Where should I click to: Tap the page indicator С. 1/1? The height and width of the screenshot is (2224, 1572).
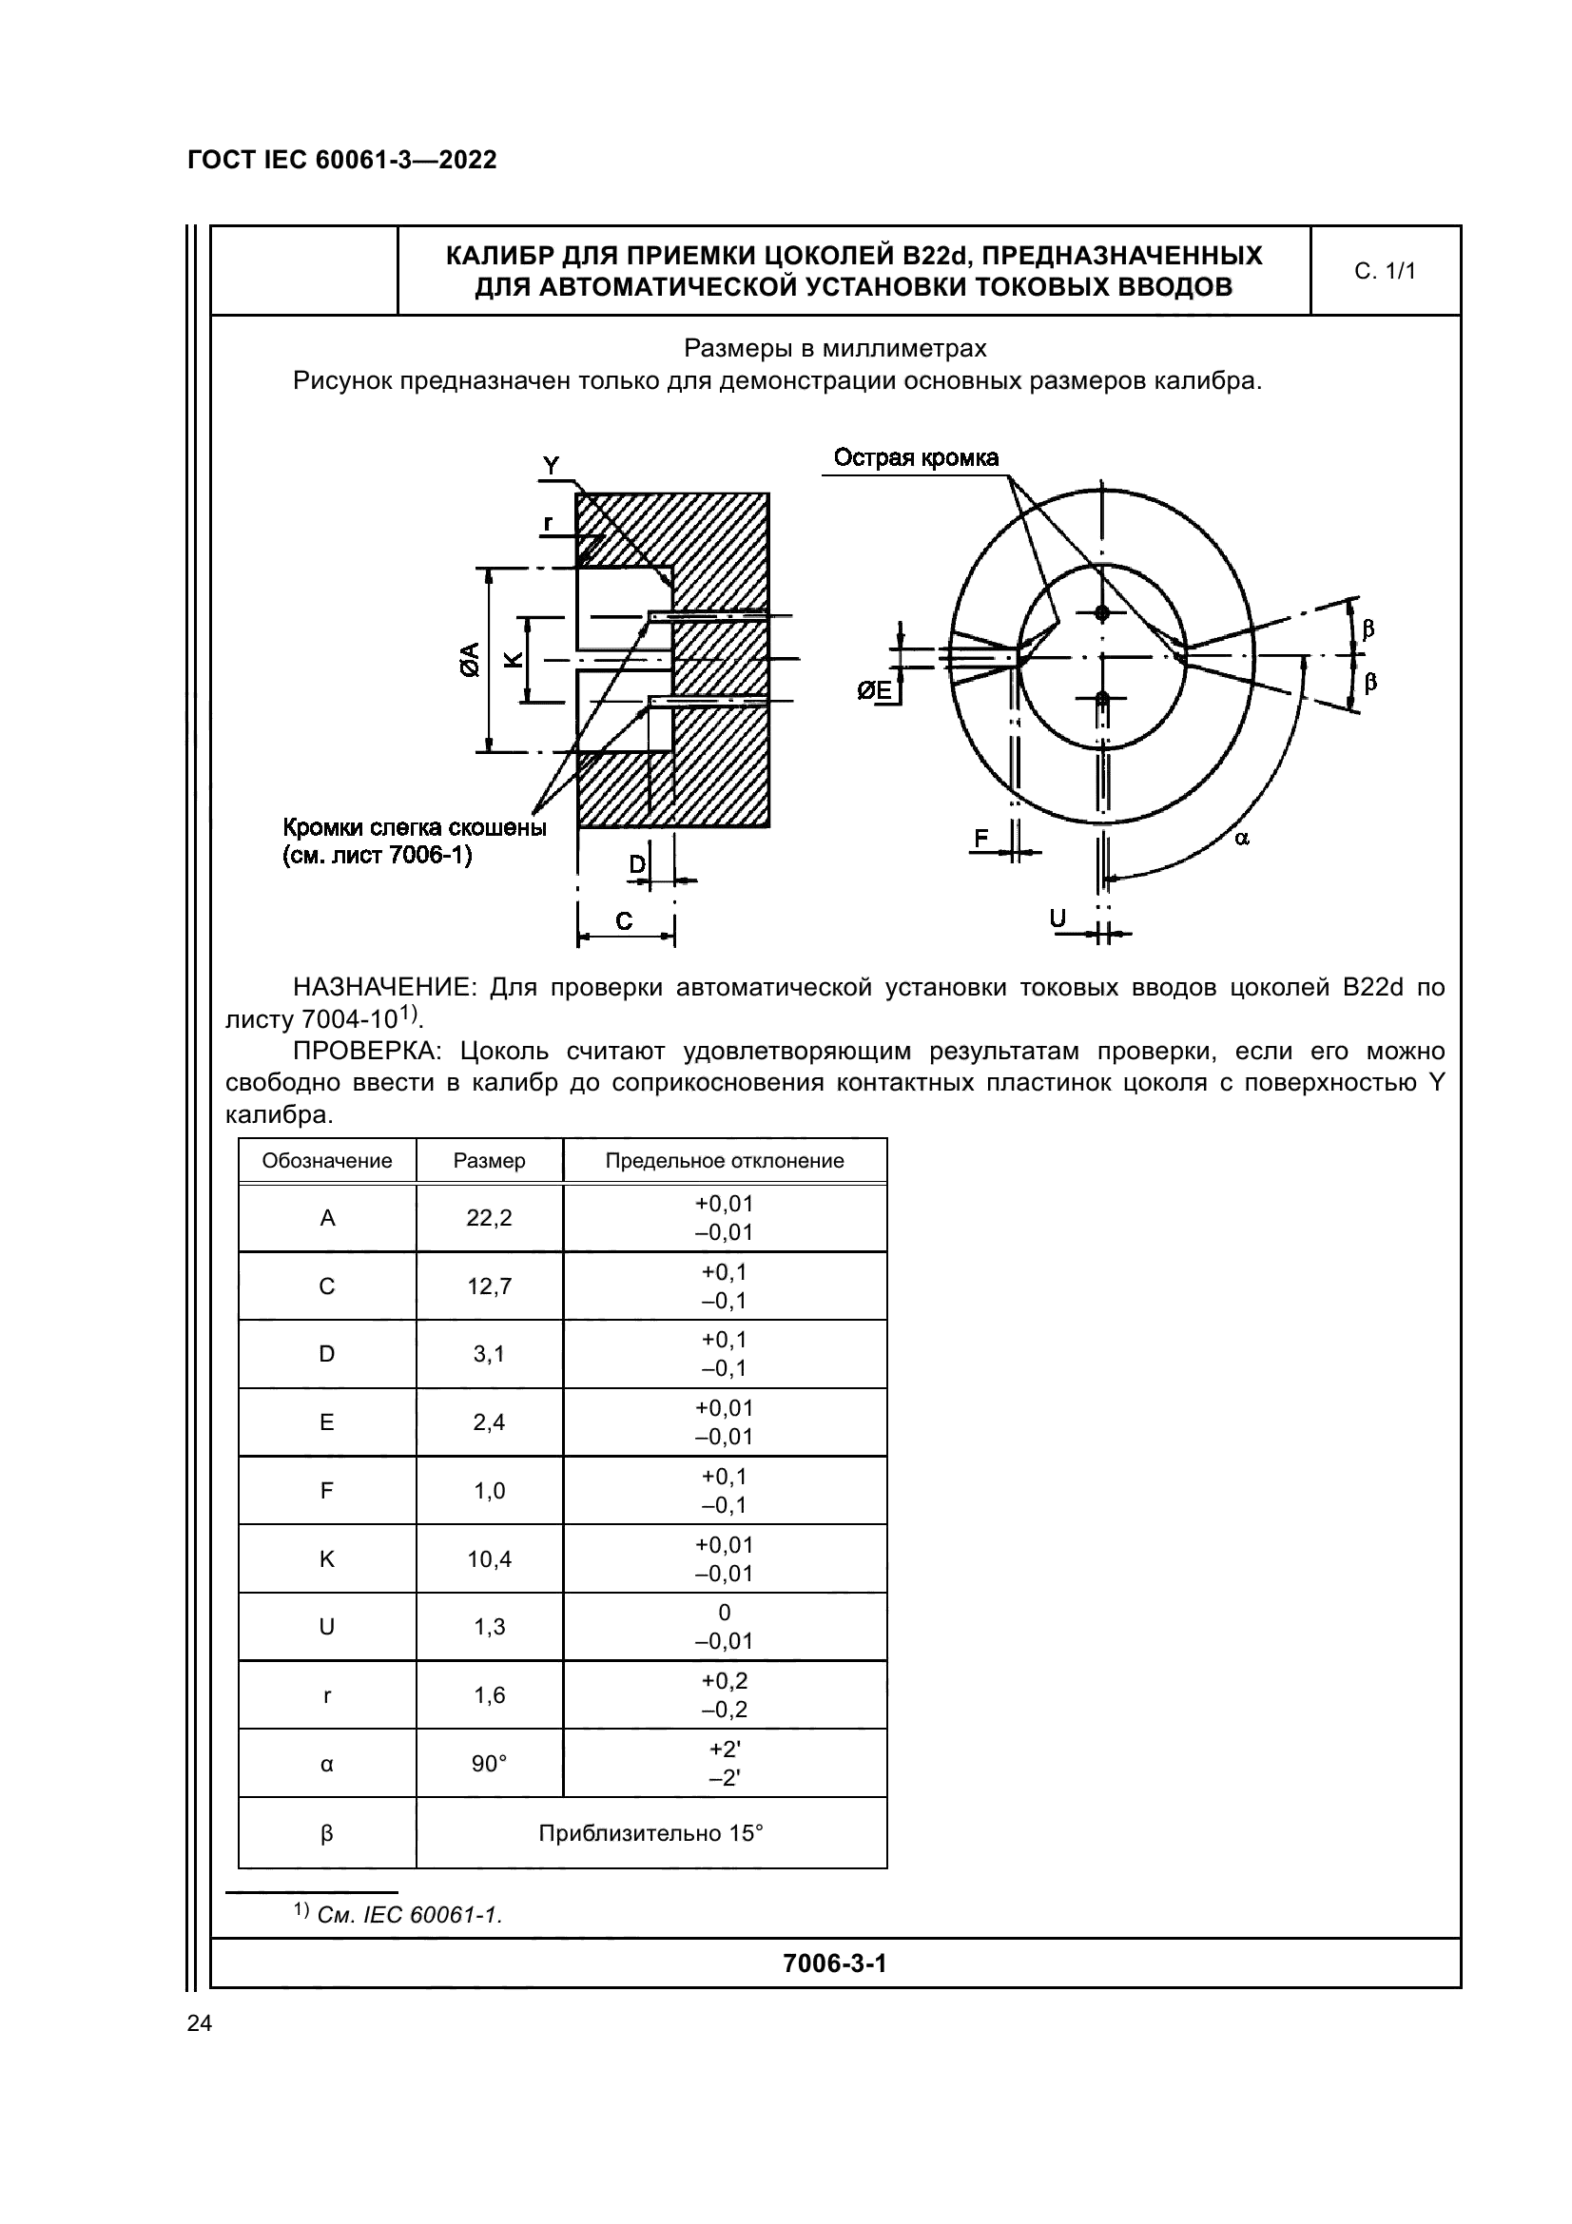tap(1384, 271)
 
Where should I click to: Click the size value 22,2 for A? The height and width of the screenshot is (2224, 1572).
tap(489, 1218)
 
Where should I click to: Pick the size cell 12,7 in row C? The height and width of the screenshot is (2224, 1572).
tap(489, 1286)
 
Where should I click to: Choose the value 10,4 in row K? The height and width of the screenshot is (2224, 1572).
tap(489, 1558)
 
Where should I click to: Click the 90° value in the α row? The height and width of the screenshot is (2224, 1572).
tap(489, 1764)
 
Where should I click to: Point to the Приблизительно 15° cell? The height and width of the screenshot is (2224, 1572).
tap(650, 1832)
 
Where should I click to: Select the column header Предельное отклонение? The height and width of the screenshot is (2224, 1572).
tap(725, 1160)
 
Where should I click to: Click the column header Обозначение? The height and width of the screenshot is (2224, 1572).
tap(327, 1160)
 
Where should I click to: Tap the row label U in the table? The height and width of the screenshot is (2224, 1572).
tap(327, 1626)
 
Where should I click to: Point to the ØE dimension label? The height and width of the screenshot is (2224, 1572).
tap(875, 689)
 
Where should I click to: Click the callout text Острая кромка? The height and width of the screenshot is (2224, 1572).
tap(915, 458)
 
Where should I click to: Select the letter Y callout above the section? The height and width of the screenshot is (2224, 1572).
tap(552, 466)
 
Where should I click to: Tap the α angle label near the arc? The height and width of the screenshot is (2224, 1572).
tap(1242, 839)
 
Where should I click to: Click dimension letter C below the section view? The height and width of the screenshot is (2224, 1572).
tap(624, 921)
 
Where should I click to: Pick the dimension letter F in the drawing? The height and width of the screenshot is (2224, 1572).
tap(981, 839)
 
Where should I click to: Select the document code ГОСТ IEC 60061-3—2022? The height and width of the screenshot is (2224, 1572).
tap(342, 160)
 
